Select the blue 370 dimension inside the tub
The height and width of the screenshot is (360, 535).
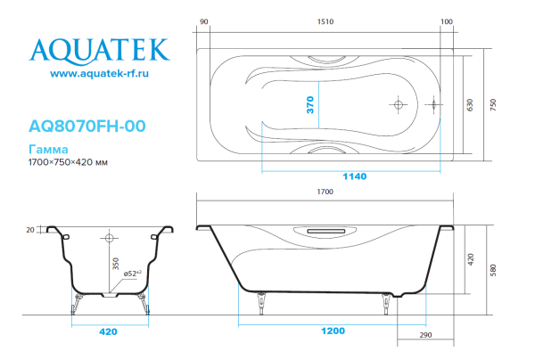(311, 105)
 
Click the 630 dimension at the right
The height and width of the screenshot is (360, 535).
(473, 104)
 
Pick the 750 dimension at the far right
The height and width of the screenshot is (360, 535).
(495, 104)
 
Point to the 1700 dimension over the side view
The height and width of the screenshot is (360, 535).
(325, 192)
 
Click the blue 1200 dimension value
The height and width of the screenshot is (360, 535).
(333, 332)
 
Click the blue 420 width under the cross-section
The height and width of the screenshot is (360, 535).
(108, 332)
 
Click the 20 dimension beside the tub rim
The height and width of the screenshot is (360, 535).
(31, 230)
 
